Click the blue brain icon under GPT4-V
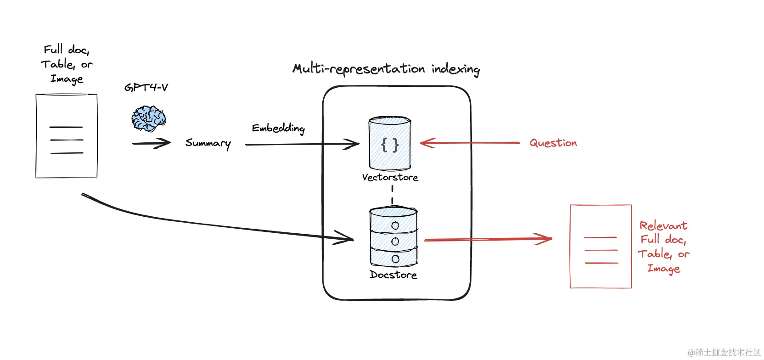148,118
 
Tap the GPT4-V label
146,87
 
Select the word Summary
208,143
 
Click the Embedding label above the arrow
278,128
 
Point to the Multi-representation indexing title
386,69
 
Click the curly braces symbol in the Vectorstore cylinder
390,145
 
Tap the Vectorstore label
390,177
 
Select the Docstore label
393,275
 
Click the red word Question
553,143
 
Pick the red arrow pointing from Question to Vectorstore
468,143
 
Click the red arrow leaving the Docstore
487,239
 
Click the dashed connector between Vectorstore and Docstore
392,195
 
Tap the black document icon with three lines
67,136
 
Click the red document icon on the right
601,247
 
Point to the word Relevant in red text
663,225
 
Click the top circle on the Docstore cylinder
395,225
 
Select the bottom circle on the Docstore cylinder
395,259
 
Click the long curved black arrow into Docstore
207,224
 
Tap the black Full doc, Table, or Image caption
67,64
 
